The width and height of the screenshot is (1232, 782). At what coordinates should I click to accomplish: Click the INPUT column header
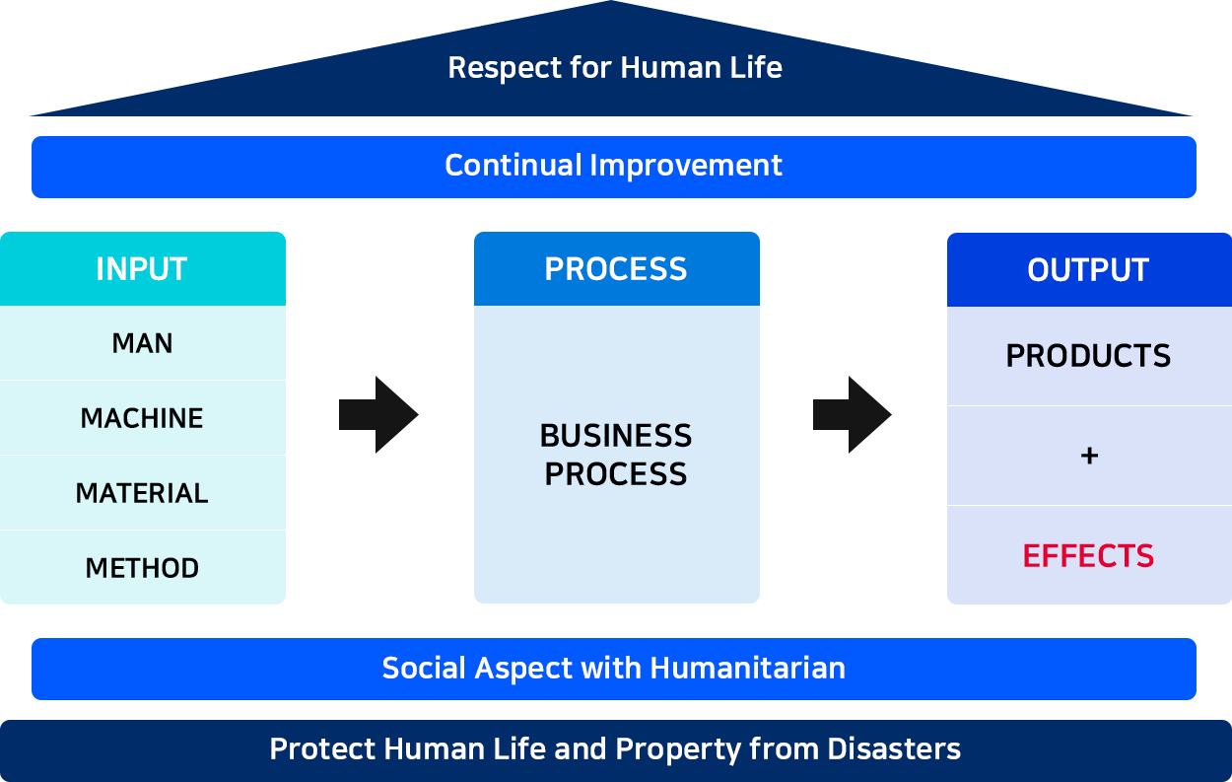tap(143, 268)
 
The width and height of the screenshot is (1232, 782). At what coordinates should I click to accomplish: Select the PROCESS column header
tap(617, 268)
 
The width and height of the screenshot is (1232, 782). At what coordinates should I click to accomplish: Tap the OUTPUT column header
tap(1089, 269)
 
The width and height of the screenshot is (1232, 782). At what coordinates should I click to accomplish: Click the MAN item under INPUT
tap(143, 343)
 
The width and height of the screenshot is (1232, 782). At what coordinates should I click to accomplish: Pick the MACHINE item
tap(143, 418)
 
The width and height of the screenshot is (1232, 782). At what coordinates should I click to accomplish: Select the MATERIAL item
tap(143, 493)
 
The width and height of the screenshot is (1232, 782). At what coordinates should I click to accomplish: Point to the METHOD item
tap(143, 568)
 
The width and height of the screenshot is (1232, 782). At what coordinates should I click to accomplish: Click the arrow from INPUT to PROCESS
tap(378, 415)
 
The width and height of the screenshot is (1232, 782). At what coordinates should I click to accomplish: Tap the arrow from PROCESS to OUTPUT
tap(852, 415)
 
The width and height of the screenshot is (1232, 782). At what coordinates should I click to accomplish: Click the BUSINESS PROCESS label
tap(616, 455)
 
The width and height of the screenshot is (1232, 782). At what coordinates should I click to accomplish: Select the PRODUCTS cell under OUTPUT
tap(1088, 356)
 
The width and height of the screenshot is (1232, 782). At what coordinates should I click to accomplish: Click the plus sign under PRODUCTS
tap(1089, 456)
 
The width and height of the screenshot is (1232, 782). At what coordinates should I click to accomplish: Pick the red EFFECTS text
tap(1088, 556)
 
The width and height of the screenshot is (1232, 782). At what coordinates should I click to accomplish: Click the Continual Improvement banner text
tap(613, 165)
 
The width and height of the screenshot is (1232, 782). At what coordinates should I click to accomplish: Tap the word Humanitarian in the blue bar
tap(748, 668)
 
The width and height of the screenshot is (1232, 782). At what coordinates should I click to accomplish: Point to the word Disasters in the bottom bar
tap(894, 749)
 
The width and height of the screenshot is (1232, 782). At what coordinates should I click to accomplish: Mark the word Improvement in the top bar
tap(686, 167)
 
